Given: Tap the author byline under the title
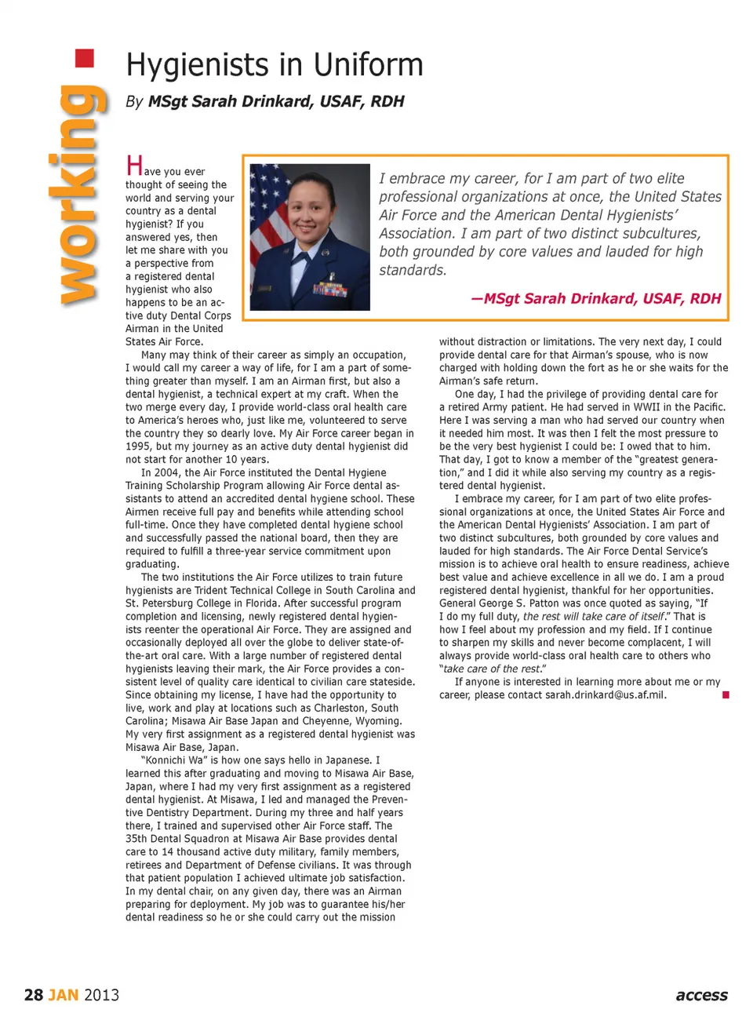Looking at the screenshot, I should [x=265, y=101].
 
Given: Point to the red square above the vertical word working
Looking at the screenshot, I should [x=84, y=58].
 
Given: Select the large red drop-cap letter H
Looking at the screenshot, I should [x=134, y=166].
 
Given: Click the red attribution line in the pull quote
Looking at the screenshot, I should [x=595, y=298].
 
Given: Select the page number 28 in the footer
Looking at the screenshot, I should [x=34, y=995].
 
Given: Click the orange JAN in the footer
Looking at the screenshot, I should [x=64, y=995].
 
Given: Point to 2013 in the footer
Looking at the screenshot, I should [x=101, y=995].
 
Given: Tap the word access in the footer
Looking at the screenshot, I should [x=701, y=995].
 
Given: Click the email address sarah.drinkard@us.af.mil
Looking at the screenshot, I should [x=605, y=695].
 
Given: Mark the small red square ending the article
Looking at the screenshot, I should [x=726, y=694].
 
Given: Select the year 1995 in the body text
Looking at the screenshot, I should [x=138, y=446].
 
